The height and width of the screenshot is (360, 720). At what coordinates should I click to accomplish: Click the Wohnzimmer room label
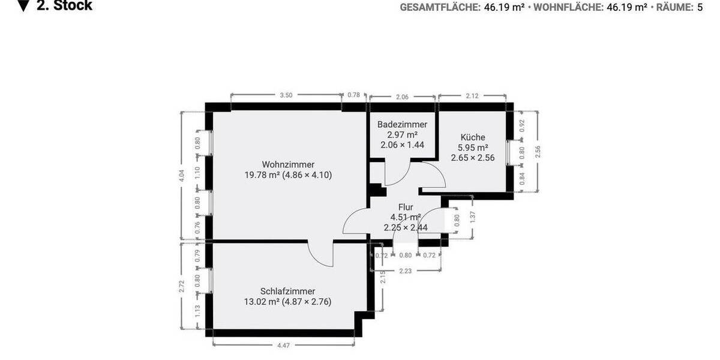[x=288, y=164]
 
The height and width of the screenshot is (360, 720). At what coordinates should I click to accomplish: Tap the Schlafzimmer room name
[x=288, y=291]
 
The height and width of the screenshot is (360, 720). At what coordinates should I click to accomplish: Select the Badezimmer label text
[x=402, y=124]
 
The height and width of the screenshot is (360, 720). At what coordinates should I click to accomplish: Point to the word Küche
[x=473, y=137]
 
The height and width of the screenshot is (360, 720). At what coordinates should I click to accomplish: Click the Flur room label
[x=406, y=207]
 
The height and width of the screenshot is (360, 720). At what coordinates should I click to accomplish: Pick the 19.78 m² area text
[x=262, y=175]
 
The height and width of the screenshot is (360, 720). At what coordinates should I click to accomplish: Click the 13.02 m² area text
[x=262, y=302]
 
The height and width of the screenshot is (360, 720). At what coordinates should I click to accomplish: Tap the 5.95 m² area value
[x=473, y=148]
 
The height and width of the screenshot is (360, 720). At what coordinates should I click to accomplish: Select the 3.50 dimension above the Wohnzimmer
[x=286, y=95]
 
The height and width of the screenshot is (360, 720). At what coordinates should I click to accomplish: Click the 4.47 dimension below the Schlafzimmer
[x=283, y=345]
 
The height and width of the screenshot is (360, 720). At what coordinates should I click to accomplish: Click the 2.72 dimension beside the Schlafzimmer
[x=182, y=286]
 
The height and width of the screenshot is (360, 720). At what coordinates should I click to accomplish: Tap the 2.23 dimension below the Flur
[x=406, y=271]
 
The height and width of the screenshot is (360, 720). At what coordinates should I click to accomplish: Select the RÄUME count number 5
[x=700, y=7]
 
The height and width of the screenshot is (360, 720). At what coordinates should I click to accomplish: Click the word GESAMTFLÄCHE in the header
[x=440, y=7]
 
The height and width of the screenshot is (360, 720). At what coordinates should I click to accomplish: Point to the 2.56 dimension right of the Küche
[x=538, y=151]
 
